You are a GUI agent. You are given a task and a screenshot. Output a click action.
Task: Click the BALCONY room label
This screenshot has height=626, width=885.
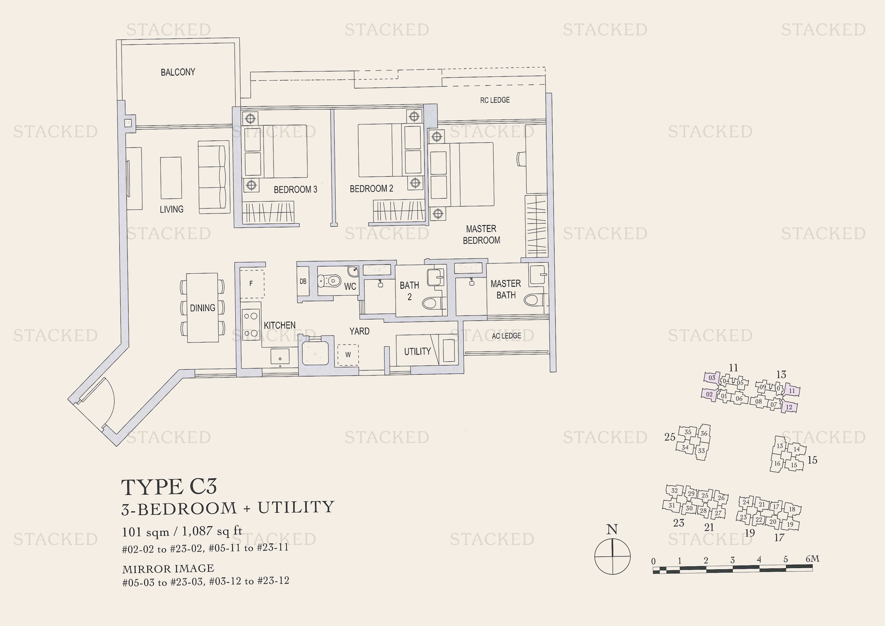pyautogui.click(x=178, y=72)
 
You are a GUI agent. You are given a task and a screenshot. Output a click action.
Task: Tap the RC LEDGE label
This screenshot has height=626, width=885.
pyautogui.click(x=495, y=100)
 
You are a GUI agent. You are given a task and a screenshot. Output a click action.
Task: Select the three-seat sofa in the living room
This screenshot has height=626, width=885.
pyautogui.click(x=213, y=177)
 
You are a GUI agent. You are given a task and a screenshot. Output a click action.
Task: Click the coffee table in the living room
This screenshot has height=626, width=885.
pyautogui.click(x=171, y=178)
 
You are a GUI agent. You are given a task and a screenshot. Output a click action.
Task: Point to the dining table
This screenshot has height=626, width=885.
pyautogui.click(x=202, y=308)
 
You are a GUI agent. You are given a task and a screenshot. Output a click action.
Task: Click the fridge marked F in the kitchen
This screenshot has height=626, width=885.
pyautogui.click(x=252, y=284)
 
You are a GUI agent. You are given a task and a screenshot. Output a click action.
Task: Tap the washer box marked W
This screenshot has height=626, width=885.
pyautogui.click(x=348, y=355)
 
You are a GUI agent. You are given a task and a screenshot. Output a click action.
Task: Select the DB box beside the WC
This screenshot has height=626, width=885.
pyautogui.click(x=303, y=282)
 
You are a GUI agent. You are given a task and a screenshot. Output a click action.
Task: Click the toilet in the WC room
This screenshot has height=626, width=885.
pyautogui.click(x=330, y=281)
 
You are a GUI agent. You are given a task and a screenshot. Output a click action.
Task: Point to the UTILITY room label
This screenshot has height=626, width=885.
pyautogui.click(x=417, y=352)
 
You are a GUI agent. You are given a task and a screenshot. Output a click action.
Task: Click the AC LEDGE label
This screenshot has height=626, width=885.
pyautogui.click(x=506, y=336)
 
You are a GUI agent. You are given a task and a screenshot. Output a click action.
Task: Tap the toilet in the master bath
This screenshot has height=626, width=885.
pyautogui.click(x=532, y=299)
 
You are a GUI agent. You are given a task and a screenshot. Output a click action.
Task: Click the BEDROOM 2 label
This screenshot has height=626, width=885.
pyautogui.click(x=371, y=188)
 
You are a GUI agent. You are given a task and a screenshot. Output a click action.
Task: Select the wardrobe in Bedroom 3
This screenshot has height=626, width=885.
pyautogui.click(x=268, y=212)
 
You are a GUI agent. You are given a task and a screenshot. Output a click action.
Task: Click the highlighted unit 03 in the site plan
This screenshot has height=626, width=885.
pyautogui.click(x=712, y=378)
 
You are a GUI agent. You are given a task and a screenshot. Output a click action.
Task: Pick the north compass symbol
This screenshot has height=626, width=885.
pyautogui.click(x=612, y=556)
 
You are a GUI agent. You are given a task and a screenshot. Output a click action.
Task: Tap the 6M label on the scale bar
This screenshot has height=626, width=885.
pyautogui.click(x=812, y=559)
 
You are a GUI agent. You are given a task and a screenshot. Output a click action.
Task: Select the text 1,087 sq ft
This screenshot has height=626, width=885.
pyautogui.click(x=212, y=531)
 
